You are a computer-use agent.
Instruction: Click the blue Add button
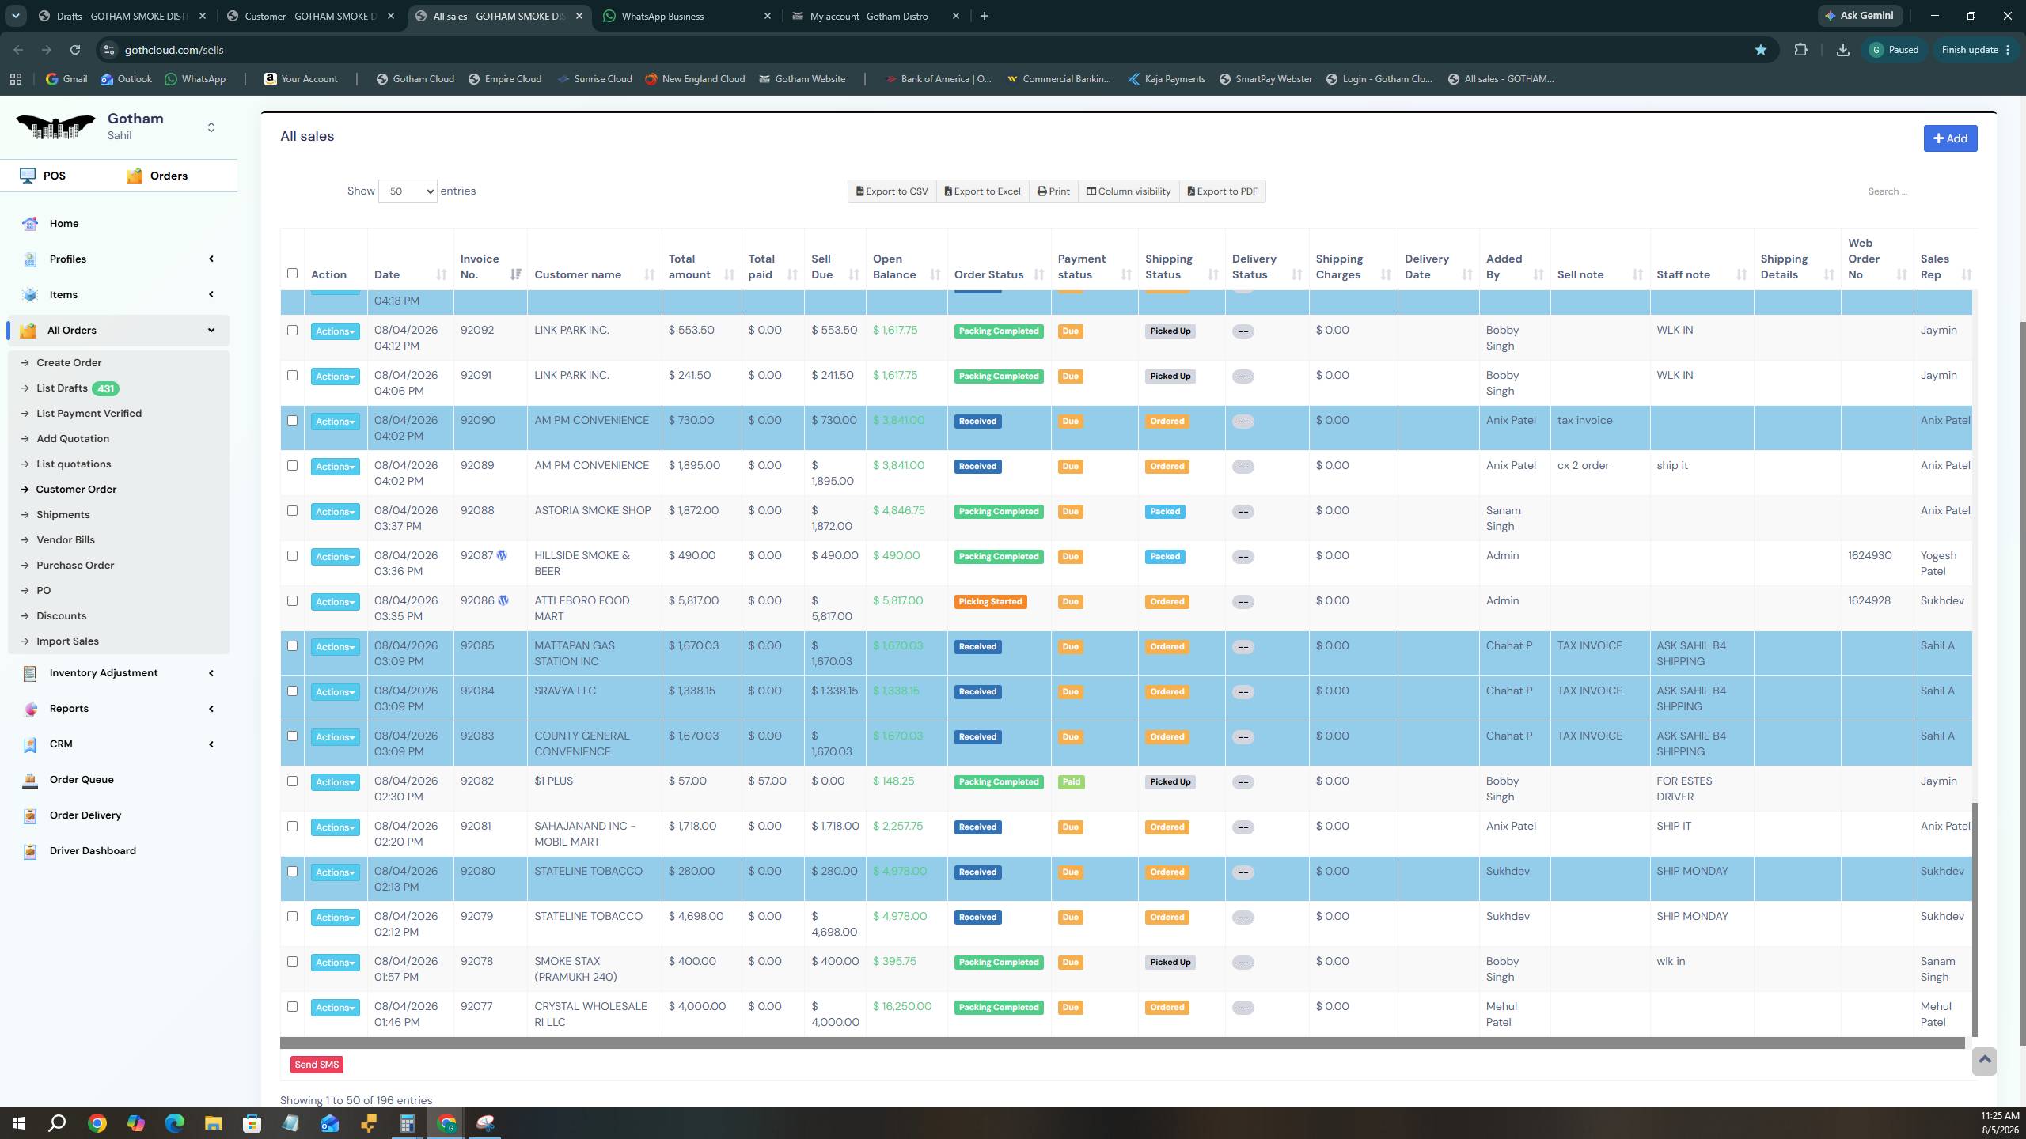(x=1950, y=138)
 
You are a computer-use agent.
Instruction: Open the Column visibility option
(x=1128, y=191)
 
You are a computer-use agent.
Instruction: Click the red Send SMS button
(x=317, y=1065)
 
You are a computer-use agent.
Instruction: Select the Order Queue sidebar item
(x=82, y=779)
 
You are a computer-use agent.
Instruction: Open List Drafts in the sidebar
(x=62, y=388)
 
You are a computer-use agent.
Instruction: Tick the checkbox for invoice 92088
(x=292, y=511)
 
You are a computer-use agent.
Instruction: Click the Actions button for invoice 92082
(x=335, y=782)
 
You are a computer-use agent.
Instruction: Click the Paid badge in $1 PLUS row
(x=1071, y=781)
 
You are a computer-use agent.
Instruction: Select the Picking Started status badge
(x=990, y=602)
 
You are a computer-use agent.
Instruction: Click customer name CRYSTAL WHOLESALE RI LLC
(x=590, y=1014)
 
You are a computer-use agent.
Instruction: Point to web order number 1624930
(x=1870, y=555)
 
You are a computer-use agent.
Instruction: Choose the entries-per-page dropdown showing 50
(x=408, y=191)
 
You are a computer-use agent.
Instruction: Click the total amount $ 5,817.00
(x=693, y=600)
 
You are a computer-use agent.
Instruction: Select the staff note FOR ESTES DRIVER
(x=1684, y=789)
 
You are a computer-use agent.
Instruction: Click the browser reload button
(x=75, y=50)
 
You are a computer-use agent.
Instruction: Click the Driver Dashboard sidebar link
(x=93, y=850)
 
